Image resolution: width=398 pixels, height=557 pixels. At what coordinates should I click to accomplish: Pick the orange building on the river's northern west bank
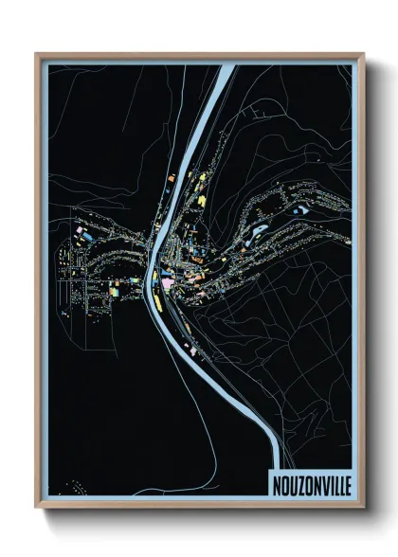pos(172,178)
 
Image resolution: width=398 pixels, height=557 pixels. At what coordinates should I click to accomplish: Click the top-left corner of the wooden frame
pos(37,54)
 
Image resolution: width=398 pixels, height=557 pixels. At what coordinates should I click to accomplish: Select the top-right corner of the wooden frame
pos(363,54)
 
